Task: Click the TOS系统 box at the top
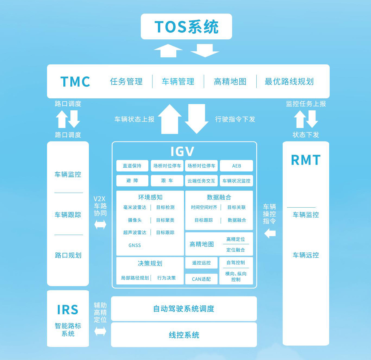(x=186, y=27)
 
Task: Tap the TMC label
(x=75, y=82)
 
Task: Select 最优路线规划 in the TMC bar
(x=289, y=82)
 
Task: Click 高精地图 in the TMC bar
(x=230, y=82)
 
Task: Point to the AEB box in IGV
(x=236, y=166)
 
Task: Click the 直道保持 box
(x=132, y=166)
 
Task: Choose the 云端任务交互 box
(x=201, y=181)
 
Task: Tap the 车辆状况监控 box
(x=236, y=181)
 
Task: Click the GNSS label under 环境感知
(x=135, y=245)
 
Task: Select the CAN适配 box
(x=201, y=279)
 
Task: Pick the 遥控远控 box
(x=201, y=263)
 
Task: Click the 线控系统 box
(x=184, y=335)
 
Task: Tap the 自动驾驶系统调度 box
(x=184, y=309)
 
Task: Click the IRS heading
(x=68, y=310)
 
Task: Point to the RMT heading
(x=306, y=160)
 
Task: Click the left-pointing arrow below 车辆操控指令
(x=270, y=233)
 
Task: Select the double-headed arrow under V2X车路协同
(x=100, y=225)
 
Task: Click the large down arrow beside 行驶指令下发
(x=197, y=119)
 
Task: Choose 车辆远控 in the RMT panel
(x=306, y=255)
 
